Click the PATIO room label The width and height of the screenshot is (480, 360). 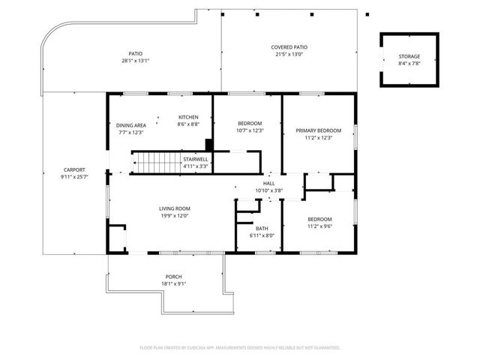point(136,54)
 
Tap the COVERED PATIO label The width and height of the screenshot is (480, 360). point(289,47)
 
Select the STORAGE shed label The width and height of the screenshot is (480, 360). point(409,57)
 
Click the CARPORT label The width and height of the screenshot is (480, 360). point(73,169)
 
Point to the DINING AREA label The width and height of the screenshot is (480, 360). point(130,125)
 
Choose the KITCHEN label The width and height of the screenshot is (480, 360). point(187,117)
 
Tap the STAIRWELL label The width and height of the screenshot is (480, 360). point(196,159)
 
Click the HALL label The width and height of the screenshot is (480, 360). point(268,184)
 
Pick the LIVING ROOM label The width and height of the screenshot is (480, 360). point(174,208)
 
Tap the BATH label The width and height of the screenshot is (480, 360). point(262,229)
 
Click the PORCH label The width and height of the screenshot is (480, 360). point(173,277)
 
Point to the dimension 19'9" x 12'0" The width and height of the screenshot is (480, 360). point(174,215)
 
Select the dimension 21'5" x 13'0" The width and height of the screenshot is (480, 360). point(289,54)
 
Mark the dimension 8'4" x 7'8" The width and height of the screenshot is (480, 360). point(409,64)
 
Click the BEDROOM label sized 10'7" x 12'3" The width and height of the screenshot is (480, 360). point(250,124)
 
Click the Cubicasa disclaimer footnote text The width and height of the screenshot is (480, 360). point(240,347)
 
